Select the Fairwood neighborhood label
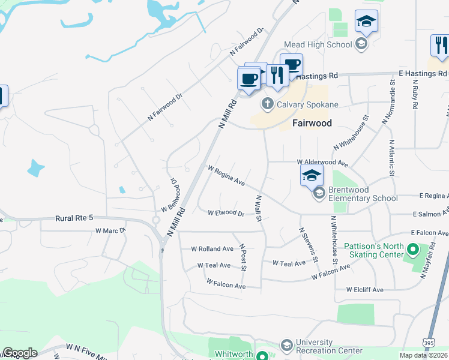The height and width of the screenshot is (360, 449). [x=312, y=123]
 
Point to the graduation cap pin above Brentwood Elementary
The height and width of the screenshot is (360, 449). [x=312, y=176]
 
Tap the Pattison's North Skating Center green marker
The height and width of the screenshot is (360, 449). [x=412, y=248]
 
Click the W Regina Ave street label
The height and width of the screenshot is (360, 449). [x=226, y=175]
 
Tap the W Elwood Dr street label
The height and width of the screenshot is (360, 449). [x=226, y=213]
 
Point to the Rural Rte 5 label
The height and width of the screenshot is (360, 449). [x=76, y=219]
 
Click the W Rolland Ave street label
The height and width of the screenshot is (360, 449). [x=212, y=248]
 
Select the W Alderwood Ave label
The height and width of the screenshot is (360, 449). [x=322, y=163]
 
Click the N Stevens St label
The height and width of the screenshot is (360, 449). [x=307, y=244]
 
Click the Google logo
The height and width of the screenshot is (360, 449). [x=20, y=353]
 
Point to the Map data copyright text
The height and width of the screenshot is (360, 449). [x=424, y=355]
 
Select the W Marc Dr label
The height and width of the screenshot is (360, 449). [x=110, y=230]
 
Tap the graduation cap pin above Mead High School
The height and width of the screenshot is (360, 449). [x=366, y=22]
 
